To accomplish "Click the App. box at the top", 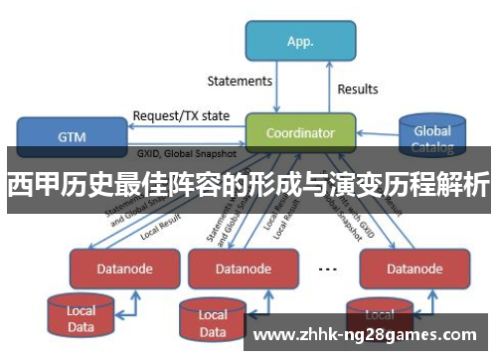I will [x=300, y=43].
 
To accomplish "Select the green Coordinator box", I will [x=301, y=132].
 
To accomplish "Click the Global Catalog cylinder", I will [x=432, y=137].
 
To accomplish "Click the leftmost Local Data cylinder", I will [x=81, y=315].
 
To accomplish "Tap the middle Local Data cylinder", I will [x=212, y=320].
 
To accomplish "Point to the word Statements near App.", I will [x=240, y=81].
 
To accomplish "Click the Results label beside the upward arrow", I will [x=358, y=89].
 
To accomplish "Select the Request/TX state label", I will [x=181, y=115].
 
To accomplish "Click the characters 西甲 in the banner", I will [x=31, y=186].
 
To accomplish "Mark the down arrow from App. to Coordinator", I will [x=276, y=90].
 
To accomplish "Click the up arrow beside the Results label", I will [x=327, y=90].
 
